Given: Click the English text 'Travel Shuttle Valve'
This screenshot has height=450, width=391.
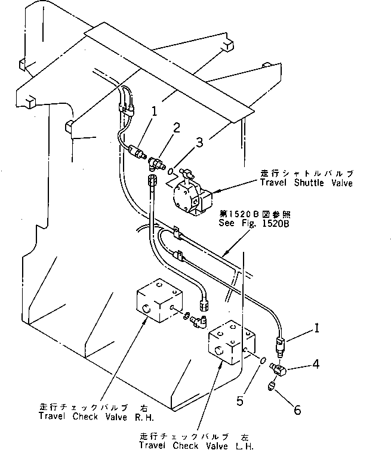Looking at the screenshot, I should [x=306, y=183].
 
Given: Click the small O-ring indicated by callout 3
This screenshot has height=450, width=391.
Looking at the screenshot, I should [x=170, y=171].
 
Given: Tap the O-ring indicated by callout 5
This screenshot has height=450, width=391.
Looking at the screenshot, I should [x=263, y=359].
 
